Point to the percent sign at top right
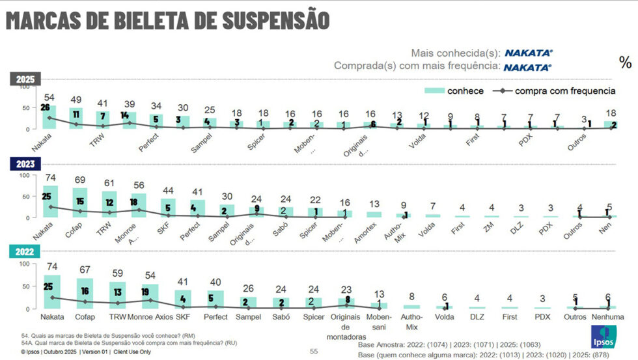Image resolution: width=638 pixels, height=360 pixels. click(x=625, y=62)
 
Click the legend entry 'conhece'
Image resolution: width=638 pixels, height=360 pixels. click(x=456, y=90)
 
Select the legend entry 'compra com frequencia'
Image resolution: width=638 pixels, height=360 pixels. click(x=553, y=90)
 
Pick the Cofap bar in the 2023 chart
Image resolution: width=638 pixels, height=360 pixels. click(x=80, y=202)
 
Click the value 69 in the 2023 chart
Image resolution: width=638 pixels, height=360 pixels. click(x=80, y=179)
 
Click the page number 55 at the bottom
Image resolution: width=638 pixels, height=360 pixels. click(x=314, y=352)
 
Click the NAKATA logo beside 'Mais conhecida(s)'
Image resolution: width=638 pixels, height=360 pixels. click(x=529, y=53)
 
